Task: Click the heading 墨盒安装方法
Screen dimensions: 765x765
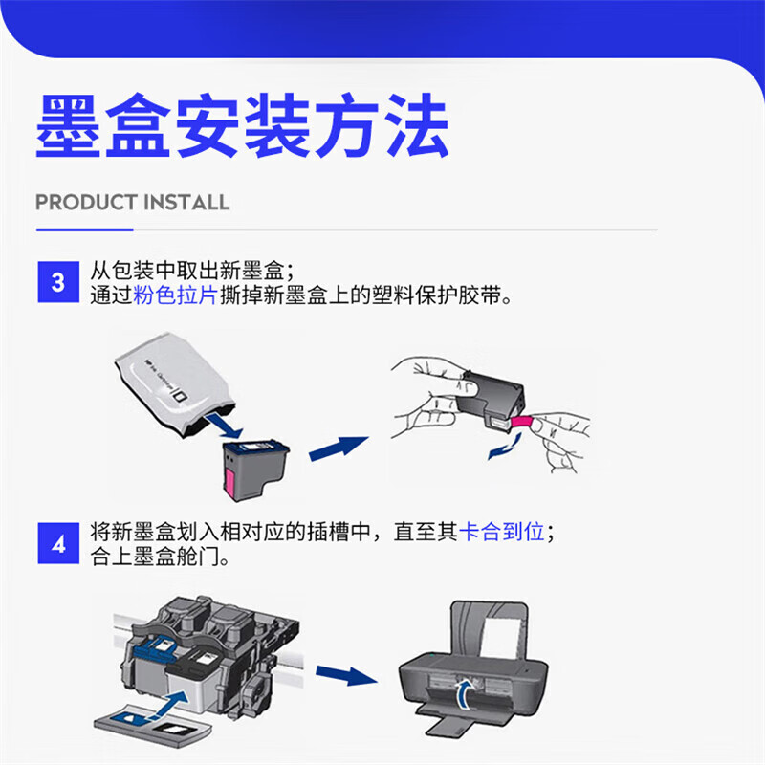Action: click(242, 126)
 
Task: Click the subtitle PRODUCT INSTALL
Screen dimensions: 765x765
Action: click(132, 203)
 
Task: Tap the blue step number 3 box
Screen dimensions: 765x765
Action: click(59, 282)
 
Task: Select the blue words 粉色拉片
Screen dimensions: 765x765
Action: click(175, 295)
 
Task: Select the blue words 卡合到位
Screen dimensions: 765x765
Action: click(502, 532)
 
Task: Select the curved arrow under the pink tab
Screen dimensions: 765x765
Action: click(503, 445)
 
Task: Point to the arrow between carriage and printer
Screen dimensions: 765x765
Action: click(344, 676)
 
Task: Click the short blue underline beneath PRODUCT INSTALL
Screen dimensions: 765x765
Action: click(84, 229)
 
